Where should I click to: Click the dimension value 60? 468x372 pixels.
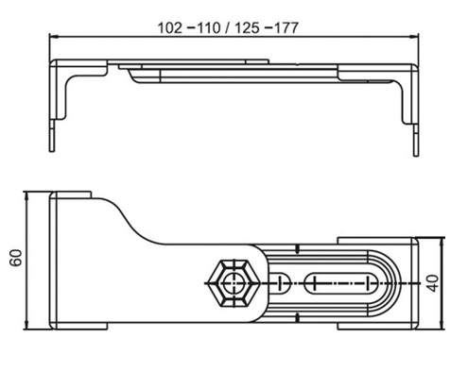point(16,258)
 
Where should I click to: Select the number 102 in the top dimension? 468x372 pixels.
point(170,27)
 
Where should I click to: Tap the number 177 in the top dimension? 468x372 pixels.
point(286,27)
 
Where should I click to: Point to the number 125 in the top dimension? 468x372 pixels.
point(247,27)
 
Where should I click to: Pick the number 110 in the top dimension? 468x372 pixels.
point(208,27)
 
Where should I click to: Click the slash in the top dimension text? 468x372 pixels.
point(227,27)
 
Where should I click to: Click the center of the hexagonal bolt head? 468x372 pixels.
point(234,283)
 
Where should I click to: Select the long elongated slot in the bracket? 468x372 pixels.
point(341,283)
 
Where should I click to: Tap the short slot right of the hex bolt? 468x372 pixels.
point(280,283)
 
